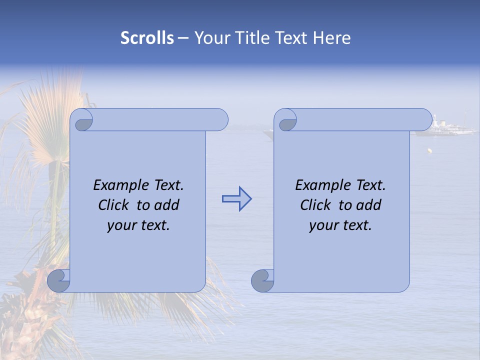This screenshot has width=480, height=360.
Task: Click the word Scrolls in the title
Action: pyautogui.click(x=147, y=38)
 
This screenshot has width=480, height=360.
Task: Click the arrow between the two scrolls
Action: pyautogui.click(x=236, y=199)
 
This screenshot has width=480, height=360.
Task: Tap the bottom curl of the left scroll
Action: pyautogui.click(x=59, y=281)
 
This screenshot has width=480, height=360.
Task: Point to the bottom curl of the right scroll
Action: pyautogui.click(x=262, y=281)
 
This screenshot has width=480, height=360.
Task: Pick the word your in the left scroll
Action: pyautogui.click(x=120, y=225)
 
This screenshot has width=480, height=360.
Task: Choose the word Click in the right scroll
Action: pyautogui.click(x=315, y=205)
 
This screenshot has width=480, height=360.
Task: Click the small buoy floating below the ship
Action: pyautogui.click(x=429, y=150)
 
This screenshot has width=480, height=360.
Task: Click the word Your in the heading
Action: pyautogui.click(x=212, y=38)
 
